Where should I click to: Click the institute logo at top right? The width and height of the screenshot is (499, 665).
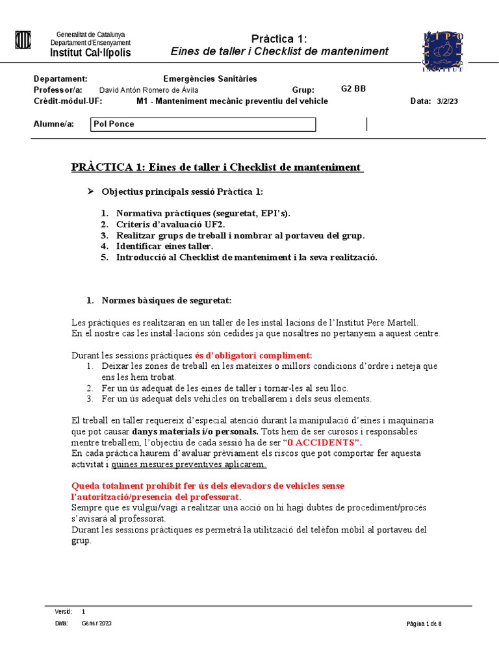[x=444, y=51]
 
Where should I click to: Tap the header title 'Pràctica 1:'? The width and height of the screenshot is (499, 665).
[x=279, y=38]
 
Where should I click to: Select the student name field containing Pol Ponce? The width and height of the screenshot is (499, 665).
[x=203, y=124]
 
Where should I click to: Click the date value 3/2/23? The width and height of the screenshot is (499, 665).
[x=448, y=101]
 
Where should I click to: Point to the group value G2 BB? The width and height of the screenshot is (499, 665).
[x=353, y=89]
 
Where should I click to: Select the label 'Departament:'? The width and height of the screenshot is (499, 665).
[x=60, y=79]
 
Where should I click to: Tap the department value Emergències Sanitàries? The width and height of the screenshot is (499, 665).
[x=210, y=79]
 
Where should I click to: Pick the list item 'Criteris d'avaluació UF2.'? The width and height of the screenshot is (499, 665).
[x=171, y=224]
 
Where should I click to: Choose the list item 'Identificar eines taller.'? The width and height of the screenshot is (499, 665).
[x=164, y=246]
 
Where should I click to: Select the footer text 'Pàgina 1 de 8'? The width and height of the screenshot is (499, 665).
[x=424, y=624]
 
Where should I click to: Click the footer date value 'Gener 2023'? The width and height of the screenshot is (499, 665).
[x=97, y=623]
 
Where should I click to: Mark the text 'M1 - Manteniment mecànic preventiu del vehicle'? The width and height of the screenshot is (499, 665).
[x=232, y=101]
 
